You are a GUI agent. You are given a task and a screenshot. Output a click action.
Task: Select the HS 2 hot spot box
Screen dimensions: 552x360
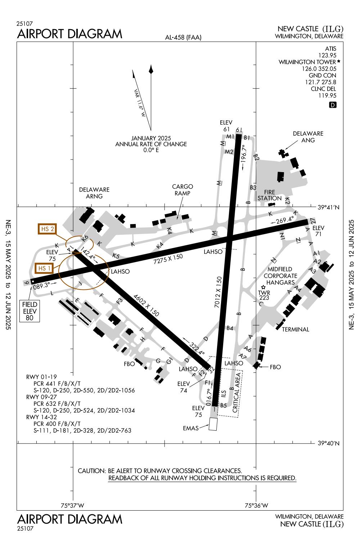(48, 229)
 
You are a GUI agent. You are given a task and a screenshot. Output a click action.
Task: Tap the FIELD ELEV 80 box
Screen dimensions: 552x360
(30, 311)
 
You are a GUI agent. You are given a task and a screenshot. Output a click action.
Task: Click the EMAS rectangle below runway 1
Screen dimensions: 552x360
(213, 424)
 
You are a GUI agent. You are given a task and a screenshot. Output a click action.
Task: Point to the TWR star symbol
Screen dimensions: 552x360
(264, 287)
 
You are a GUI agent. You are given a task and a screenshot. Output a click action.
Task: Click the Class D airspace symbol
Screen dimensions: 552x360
(333, 105)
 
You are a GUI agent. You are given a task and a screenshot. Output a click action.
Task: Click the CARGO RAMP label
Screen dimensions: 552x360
(183, 190)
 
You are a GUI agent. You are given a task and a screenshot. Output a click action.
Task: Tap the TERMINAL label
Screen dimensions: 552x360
(296, 329)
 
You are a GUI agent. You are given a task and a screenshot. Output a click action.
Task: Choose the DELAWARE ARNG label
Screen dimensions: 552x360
(94, 193)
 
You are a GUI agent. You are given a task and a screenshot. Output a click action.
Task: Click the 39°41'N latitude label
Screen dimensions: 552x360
(328, 207)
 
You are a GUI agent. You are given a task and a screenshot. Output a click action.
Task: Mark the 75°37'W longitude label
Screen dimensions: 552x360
(73, 505)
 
